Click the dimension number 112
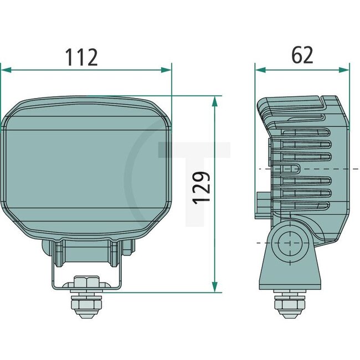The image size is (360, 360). (81, 56)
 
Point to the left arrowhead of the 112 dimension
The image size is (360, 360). (4, 70)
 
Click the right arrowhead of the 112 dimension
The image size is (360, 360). (167, 70)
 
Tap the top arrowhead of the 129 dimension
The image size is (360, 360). (214, 100)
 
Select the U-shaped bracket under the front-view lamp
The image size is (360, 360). (87, 266)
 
